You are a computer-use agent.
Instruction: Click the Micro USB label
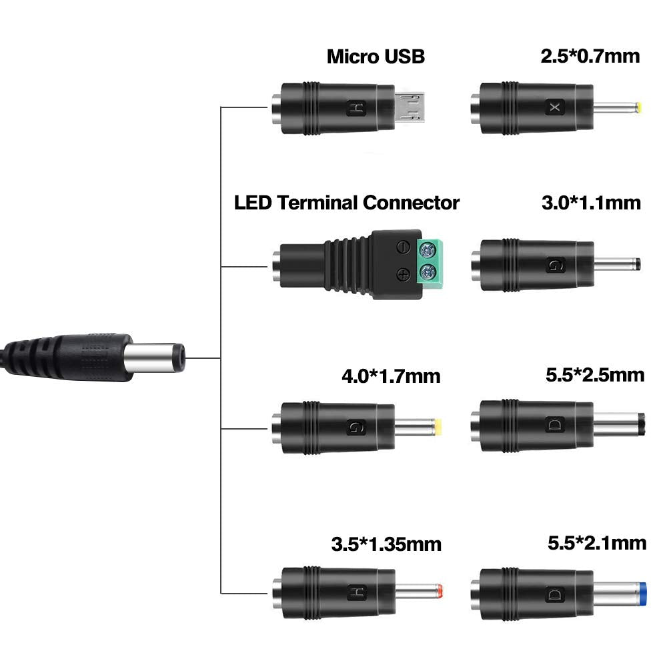click(x=376, y=57)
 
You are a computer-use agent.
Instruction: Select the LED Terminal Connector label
click(x=346, y=203)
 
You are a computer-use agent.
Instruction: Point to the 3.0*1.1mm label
click(x=591, y=202)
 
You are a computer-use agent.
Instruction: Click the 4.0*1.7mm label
click(x=391, y=376)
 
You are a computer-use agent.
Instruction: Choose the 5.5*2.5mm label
click(x=595, y=375)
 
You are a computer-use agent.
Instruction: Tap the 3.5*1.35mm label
click(x=386, y=544)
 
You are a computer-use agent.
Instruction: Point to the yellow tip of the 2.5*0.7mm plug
click(x=640, y=107)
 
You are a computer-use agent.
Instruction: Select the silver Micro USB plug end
click(x=411, y=107)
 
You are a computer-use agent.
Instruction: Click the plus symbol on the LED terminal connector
click(x=404, y=273)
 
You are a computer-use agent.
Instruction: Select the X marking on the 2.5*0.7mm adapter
click(x=553, y=107)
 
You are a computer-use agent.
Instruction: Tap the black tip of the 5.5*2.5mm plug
click(x=641, y=425)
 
